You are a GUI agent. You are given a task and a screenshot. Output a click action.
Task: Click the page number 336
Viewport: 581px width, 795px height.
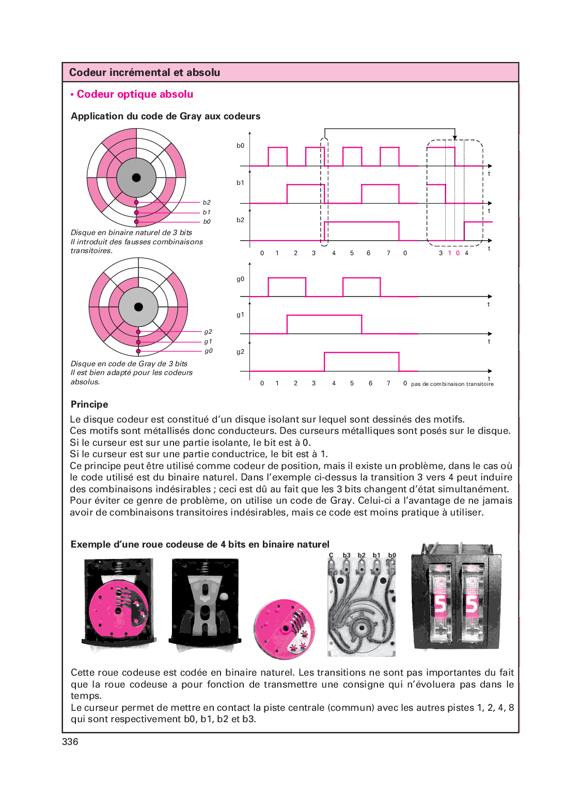coord(70,741)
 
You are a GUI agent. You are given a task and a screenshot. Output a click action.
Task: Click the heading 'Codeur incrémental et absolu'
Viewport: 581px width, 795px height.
coord(145,72)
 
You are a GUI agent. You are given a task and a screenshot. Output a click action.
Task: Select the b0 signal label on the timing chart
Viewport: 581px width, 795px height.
coord(240,146)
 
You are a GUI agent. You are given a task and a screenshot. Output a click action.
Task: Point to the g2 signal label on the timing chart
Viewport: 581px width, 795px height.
coord(240,352)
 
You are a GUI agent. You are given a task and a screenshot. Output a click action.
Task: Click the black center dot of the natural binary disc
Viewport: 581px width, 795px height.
coord(136,178)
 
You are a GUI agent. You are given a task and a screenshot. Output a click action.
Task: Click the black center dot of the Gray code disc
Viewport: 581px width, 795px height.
coord(138,307)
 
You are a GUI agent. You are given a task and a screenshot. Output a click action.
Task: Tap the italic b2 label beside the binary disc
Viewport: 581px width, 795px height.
coord(207,202)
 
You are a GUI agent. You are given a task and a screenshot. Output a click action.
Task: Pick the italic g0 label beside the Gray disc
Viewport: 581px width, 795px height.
coord(208,351)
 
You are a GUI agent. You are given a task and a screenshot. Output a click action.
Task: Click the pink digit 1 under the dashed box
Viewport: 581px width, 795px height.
coord(449,253)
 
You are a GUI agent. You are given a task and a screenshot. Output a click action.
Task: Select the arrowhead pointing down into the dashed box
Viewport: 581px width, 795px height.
coord(454,137)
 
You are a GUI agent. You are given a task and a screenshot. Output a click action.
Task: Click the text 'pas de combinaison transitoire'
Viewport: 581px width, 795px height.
coord(452,384)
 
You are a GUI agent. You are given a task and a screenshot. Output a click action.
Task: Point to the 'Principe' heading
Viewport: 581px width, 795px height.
coord(89,404)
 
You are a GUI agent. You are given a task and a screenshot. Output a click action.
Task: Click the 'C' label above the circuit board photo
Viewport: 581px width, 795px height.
coord(331,555)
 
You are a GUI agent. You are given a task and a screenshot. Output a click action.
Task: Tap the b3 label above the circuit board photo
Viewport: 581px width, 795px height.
coord(347,555)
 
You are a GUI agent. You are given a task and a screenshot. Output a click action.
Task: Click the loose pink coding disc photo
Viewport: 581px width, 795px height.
coord(284,629)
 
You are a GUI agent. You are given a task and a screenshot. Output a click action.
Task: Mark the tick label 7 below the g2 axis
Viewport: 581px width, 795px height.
coord(388,383)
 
